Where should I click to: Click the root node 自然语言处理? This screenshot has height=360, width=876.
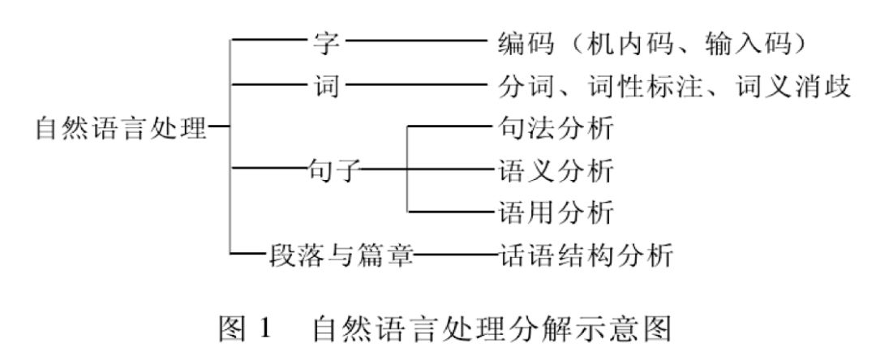coord(120,127)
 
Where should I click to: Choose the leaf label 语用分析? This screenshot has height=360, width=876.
coord(554,213)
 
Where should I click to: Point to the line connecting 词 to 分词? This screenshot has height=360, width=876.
coord(414,84)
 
